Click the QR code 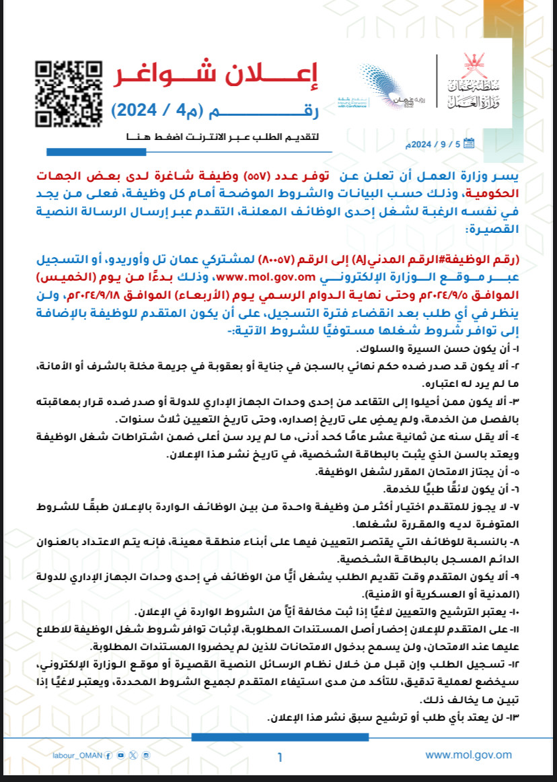69,94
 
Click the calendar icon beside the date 469,143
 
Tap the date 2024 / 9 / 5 437,144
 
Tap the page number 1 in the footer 279,757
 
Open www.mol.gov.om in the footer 468,756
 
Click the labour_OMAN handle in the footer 77,756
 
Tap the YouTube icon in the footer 120,756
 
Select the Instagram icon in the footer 147,756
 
